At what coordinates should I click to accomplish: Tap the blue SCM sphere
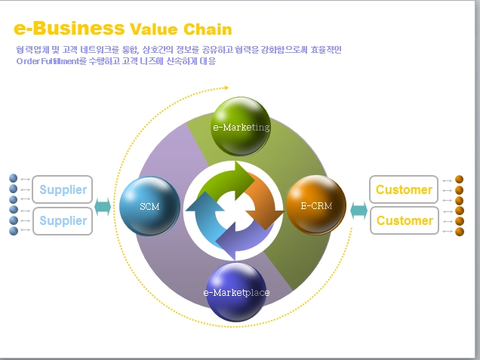(149, 205)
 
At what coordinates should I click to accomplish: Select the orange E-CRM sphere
(315, 205)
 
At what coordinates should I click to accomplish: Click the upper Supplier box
(63, 190)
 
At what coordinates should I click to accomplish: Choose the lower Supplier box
(63, 221)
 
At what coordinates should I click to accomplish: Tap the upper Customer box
(404, 190)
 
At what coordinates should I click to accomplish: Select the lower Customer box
(404, 221)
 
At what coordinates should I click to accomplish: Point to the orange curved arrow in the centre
(263, 198)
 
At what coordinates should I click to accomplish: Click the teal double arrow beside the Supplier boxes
(103, 206)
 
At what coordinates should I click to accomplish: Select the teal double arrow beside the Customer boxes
(358, 208)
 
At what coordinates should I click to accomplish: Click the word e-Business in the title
(69, 29)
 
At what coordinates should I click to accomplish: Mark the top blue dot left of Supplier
(13, 179)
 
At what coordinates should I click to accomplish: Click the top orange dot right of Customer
(459, 180)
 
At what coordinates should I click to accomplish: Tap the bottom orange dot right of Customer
(459, 231)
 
